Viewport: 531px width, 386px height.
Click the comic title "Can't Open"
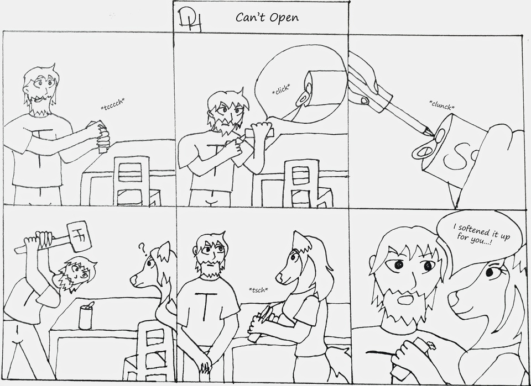(267, 17)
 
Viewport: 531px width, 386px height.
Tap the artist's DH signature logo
(190, 22)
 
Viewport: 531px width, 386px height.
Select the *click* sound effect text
(281, 89)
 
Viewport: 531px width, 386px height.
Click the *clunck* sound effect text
(442, 105)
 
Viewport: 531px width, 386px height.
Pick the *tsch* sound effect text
(258, 290)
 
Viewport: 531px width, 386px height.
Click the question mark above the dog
(142, 249)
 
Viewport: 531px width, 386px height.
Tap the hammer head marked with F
(80, 236)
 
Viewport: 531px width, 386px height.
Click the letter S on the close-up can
(456, 157)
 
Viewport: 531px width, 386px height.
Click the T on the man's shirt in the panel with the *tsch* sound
(204, 305)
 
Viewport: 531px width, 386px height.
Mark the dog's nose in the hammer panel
(133, 279)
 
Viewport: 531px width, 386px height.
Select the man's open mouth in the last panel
(404, 300)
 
